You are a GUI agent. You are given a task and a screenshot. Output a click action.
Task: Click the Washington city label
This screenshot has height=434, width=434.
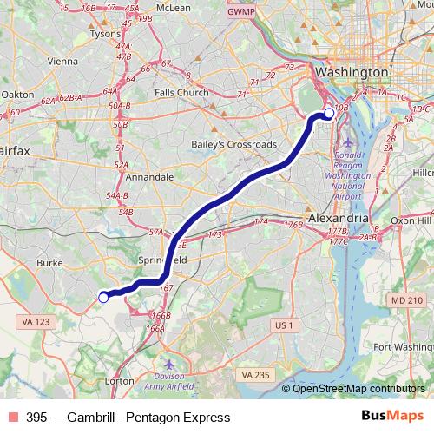351,71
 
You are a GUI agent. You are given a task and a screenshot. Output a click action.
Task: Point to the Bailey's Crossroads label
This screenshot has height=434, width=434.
234,144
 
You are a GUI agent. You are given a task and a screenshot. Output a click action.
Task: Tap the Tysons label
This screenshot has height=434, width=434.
107,35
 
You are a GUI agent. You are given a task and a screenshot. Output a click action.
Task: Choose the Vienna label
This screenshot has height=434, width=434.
62,62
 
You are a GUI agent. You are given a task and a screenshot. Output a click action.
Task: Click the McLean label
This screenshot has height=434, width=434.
174,6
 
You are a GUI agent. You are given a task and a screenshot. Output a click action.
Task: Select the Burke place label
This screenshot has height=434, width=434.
51,260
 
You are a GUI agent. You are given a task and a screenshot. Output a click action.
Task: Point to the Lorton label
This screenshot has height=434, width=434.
118,380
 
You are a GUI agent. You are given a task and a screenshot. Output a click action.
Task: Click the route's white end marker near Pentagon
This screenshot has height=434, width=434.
329,113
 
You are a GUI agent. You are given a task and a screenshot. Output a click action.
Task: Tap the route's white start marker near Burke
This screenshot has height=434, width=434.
103,298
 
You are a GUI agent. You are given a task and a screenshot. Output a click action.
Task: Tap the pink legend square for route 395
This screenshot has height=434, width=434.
11,418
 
